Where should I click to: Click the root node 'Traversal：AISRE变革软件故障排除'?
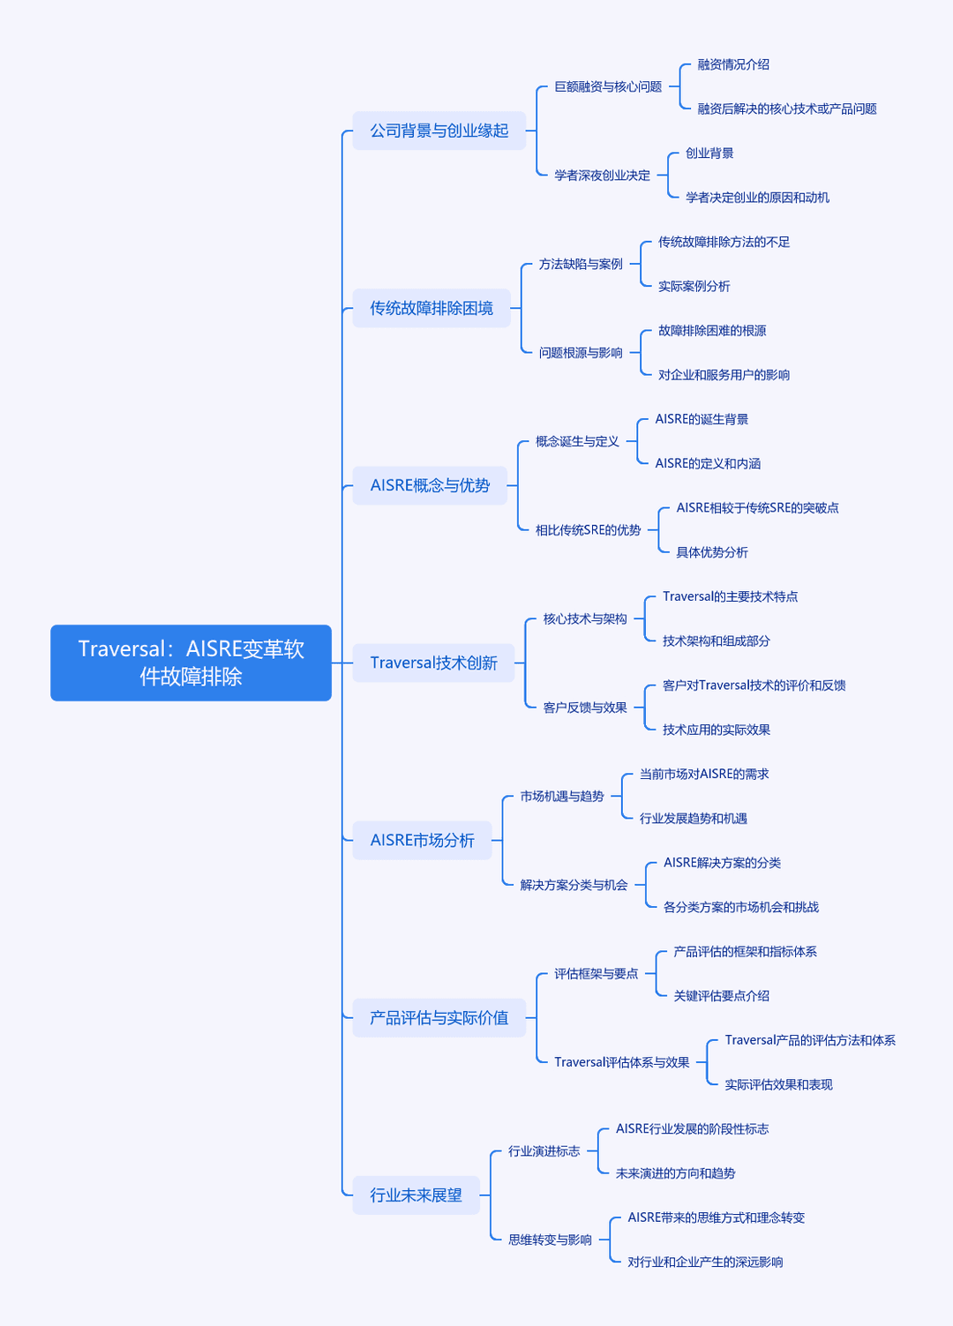click(191, 663)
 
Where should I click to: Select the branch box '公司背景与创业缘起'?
click(439, 131)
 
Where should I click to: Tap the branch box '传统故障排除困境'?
click(431, 308)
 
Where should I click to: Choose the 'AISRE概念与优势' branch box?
click(430, 485)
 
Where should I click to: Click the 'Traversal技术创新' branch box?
click(434, 663)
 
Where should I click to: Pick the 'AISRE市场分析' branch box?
click(422, 840)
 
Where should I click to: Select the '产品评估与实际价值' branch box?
click(439, 1017)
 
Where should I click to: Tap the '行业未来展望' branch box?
click(416, 1195)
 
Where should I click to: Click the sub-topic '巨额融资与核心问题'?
click(608, 86)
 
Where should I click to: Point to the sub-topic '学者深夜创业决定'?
click(602, 176)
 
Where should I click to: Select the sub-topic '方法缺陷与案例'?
click(581, 264)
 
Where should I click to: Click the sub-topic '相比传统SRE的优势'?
click(589, 530)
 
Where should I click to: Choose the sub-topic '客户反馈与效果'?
click(585, 708)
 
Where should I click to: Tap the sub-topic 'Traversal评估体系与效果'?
click(621, 1062)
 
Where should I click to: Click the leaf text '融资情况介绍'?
click(733, 64)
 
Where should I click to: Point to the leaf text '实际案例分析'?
click(694, 286)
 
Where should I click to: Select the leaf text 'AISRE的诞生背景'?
click(702, 419)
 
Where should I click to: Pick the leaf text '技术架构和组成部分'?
click(717, 641)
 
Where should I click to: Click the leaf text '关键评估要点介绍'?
click(722, 996)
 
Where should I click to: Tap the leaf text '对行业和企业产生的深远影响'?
click(705, 1262)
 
